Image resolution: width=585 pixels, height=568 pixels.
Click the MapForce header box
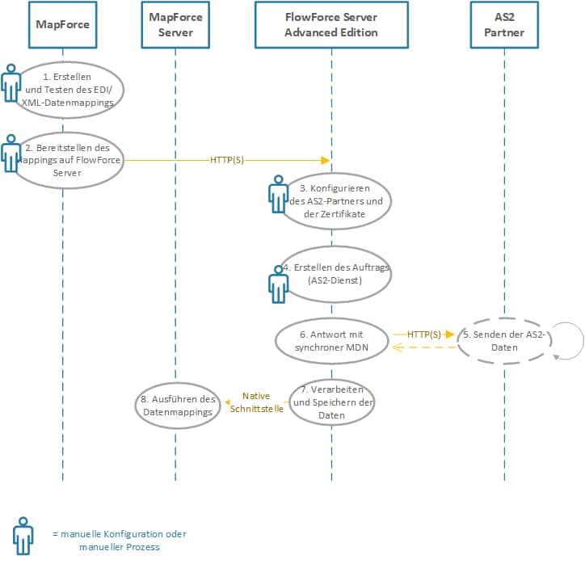(62, 24)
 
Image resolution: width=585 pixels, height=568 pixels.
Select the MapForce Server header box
(175, 24)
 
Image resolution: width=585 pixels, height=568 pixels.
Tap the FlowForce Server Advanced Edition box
(331, 24)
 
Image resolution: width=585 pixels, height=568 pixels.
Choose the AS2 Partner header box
(503, 24)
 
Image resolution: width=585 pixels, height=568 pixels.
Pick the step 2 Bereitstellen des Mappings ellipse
(69, 160)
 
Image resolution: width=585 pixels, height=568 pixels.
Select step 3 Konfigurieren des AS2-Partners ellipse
(331, 201)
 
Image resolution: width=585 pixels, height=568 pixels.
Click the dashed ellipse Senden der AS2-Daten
(505, 340)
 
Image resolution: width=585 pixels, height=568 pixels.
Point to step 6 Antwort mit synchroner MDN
(331, 340)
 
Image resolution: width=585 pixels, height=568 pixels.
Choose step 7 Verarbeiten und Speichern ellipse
(331, 402)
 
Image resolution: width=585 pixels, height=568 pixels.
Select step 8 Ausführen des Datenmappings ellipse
(175, 405)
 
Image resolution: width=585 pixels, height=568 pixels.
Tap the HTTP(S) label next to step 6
(424, 334)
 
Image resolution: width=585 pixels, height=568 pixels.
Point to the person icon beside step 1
(11, 82)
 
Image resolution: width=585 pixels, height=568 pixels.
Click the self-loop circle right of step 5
(566, 339)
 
